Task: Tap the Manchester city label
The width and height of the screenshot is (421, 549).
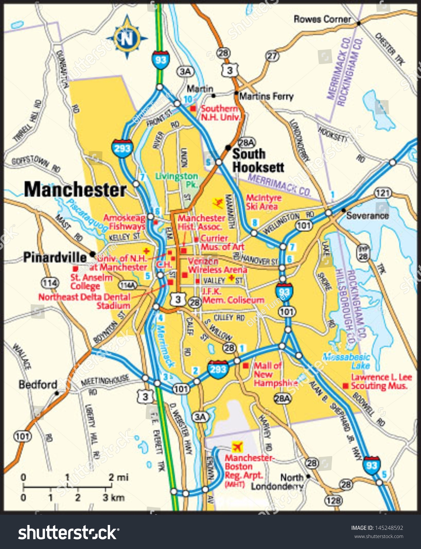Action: click(75, 189)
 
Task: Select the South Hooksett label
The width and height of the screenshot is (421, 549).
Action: click(258, 161)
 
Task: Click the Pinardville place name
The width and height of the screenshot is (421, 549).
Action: click(55, 258)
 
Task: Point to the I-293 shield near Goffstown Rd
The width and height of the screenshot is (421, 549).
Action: click(122, 148)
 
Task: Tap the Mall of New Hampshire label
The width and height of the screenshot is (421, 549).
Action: click(275, 374)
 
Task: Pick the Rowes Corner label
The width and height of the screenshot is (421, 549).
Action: click(322, 19)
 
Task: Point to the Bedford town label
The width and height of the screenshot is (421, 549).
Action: click(38, 384)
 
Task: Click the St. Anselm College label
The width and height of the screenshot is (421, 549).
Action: click(91, 282)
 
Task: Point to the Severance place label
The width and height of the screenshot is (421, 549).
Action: click(367, 216)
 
